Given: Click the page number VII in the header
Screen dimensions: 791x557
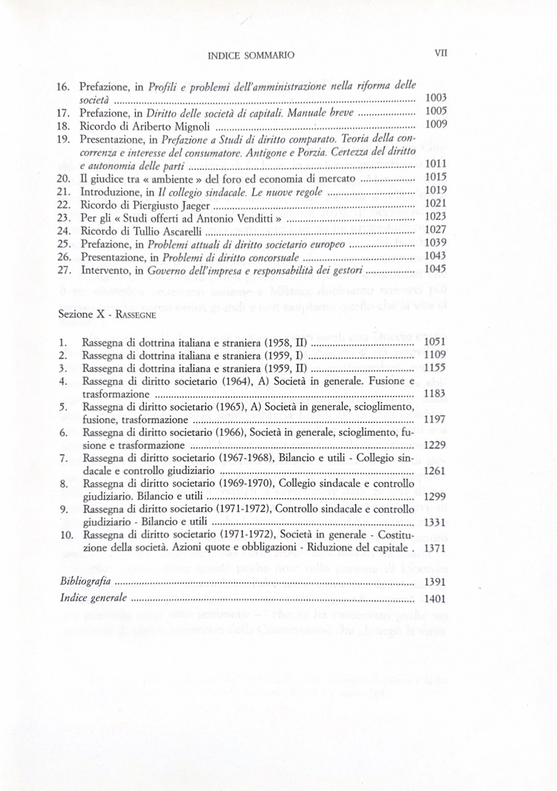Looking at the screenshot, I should click(441, 53).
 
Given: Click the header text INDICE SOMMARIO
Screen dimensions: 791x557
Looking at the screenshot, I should click(251, 56).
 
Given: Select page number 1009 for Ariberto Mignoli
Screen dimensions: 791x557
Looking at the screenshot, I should click(436, 124).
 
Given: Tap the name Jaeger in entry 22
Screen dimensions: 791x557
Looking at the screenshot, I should click(196, 206).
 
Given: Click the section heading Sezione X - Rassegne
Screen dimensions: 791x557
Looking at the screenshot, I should click(107, 314).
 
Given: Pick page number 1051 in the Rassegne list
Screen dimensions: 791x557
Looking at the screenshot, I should click(435, 342).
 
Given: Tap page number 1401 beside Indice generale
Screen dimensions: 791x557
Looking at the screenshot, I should click(435, 598).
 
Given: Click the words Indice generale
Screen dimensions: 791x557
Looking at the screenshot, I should click(93, 598).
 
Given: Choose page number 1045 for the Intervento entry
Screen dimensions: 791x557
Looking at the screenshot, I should click(435, 269).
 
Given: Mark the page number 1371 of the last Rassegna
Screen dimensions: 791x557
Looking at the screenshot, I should click(435, 548).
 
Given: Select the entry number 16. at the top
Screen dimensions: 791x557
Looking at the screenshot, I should click(64, 87).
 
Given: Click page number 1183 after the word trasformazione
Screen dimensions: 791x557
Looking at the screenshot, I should click(435, 394).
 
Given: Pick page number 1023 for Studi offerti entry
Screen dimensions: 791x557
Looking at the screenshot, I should click(435, 216).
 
